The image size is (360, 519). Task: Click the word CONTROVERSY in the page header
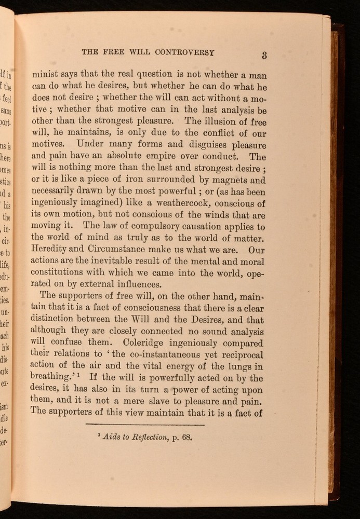185,52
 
